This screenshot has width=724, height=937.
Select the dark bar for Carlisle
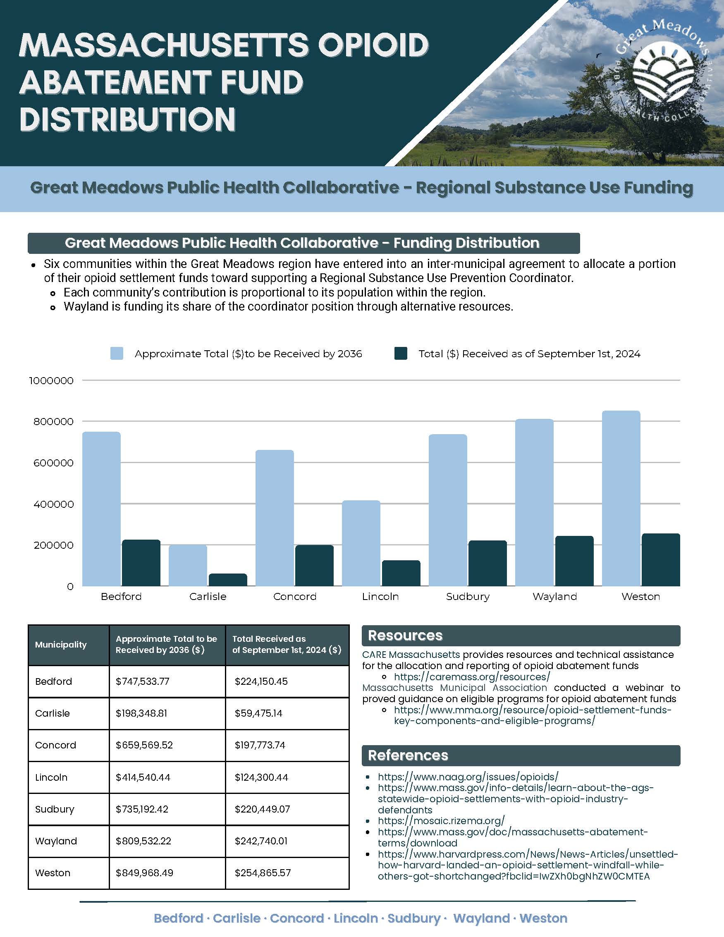[228, 580]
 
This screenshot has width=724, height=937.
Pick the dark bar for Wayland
[574, 561]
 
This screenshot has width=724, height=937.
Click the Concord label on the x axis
[295, 596]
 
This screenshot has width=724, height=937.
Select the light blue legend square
[117, 354]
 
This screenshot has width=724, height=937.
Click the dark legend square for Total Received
[400, 354]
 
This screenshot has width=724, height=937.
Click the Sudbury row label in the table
[55, 809]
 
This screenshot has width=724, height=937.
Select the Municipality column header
[61, 644]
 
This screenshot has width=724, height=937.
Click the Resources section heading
[405, 636]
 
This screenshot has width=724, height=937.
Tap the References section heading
[408, 755]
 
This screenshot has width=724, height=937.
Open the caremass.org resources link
[471, 676]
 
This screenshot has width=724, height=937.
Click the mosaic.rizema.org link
[441, 821]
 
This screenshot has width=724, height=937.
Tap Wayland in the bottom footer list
[481, 918]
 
